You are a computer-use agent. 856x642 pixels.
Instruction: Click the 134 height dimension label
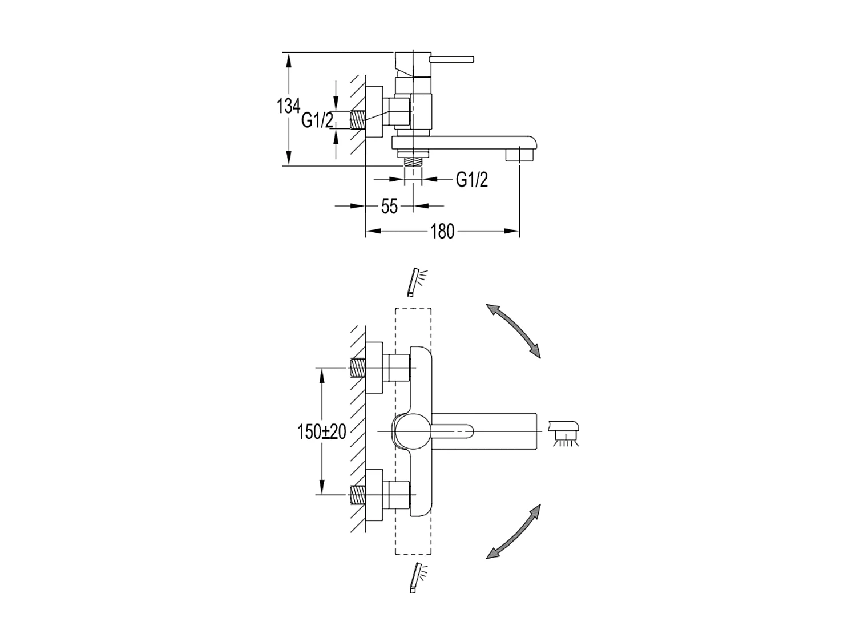coord(289,106)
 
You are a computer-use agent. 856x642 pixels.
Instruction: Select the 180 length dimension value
coord(442,231)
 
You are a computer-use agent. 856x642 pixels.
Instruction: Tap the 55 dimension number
coord(389,206)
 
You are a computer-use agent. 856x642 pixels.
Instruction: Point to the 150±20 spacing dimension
coord(322,432)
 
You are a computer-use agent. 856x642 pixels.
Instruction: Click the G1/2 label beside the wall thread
coord(317,120)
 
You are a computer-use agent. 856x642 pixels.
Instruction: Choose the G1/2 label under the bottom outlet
coord(472,180)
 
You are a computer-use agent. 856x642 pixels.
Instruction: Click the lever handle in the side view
coord(453,59)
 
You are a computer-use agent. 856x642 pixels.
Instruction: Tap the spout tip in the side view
coord(520,154)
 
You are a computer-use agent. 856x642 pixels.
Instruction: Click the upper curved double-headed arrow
coord(513,330)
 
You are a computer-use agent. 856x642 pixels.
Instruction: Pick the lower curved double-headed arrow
coord(513,531)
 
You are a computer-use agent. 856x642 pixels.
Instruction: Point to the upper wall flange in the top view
coord(373,368)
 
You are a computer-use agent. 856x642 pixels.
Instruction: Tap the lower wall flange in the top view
coord(373,495)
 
